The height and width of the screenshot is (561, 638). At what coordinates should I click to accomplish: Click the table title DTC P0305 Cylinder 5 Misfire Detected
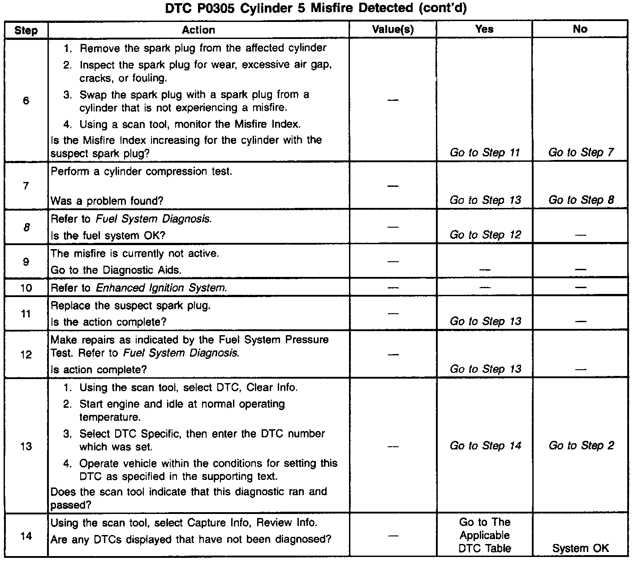316,8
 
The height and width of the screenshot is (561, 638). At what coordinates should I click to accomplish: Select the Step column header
26,30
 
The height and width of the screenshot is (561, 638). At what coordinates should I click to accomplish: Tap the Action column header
198,30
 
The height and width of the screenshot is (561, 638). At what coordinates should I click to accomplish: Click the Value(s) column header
392,30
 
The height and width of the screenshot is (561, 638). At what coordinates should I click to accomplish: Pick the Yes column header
484,30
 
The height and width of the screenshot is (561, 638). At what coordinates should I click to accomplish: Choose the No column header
580,30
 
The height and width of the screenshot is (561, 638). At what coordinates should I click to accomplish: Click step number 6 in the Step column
26,101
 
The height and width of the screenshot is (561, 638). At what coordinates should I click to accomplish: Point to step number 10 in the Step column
26,288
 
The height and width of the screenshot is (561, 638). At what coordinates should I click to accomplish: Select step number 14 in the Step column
26,536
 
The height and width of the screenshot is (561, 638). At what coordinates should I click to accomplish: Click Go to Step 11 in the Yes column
485,153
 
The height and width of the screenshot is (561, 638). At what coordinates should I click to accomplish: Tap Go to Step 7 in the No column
581,153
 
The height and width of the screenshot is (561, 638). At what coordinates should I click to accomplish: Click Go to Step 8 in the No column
581,200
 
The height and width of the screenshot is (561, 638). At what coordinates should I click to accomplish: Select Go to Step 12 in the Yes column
485,235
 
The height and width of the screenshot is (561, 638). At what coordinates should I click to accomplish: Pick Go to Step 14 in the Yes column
485,446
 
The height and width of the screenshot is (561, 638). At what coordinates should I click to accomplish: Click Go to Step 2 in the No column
581,446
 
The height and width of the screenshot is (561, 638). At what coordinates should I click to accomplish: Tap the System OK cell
581,548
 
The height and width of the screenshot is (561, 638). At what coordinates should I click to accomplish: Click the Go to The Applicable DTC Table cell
485,535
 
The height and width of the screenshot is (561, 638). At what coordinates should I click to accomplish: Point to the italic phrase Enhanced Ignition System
161,288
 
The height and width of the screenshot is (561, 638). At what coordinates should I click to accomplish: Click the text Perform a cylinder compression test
142,172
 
